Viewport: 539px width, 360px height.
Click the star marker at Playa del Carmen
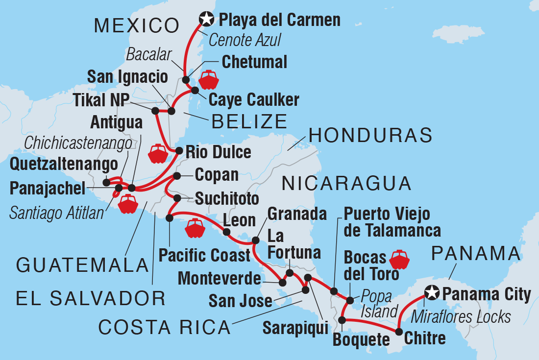(x=207, y=20)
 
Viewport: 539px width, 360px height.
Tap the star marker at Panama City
(x=431, y=293)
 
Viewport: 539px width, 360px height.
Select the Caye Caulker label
(x=253, y=100)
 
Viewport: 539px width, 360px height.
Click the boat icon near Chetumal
(x=209, y=79)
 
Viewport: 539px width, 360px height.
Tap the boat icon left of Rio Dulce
(x=158, y=153)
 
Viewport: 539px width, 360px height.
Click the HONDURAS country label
(x=371, y=135)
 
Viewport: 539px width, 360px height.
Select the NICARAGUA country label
(x=346, y=183)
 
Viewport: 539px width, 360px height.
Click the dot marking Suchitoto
(x=177, y=198)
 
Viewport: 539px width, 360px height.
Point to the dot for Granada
(x=255, y=240)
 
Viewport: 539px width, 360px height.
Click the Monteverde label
(x=219, y=279)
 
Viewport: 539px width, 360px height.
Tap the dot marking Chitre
(x=398, y=331)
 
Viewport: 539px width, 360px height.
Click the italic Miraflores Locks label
(x=461, y=316)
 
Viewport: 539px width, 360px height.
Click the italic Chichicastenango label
(x=78, y=143)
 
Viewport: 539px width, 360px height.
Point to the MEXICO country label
(x=136, y=25)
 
